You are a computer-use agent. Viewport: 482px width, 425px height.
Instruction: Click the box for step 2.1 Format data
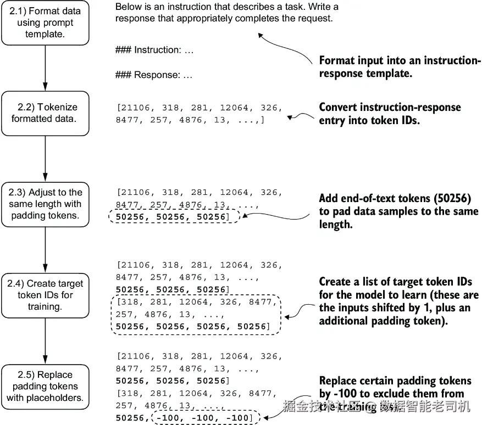coord(45,23)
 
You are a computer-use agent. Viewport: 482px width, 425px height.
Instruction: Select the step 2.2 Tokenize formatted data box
coord(45,113)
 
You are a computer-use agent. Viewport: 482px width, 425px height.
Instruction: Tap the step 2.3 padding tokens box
coord(45,204)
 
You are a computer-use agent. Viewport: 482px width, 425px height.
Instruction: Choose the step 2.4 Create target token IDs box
coord(45,295)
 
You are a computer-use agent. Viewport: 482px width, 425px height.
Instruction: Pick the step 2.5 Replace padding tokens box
coord(45,386)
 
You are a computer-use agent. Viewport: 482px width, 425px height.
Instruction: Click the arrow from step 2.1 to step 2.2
coord(45,68)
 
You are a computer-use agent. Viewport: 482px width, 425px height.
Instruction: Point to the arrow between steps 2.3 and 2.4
coord(45,249)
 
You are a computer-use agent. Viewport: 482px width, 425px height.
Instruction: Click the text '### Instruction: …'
coord(154,50)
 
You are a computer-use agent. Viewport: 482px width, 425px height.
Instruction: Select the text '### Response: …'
coord(154,75)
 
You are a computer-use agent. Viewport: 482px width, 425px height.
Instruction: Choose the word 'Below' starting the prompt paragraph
coord(127,7)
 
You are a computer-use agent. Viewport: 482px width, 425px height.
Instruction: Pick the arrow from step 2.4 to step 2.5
coord(45,340)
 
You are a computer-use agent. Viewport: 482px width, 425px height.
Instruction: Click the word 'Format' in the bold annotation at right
coord(337,61)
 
